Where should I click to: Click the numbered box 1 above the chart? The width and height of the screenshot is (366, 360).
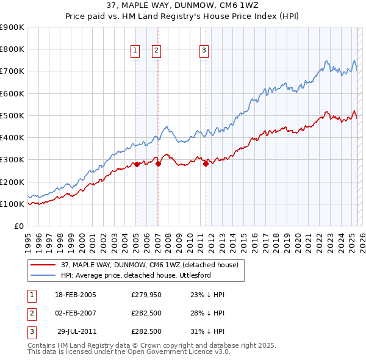134,51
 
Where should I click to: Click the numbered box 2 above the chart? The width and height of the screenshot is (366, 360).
156,51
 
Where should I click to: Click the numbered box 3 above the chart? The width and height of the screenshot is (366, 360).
204,51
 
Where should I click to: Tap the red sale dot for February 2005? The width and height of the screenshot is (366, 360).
137,164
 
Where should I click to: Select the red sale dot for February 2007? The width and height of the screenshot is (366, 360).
158,164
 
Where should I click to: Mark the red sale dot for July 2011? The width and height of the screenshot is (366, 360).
206,164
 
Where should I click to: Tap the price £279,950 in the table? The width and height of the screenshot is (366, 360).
146,295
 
